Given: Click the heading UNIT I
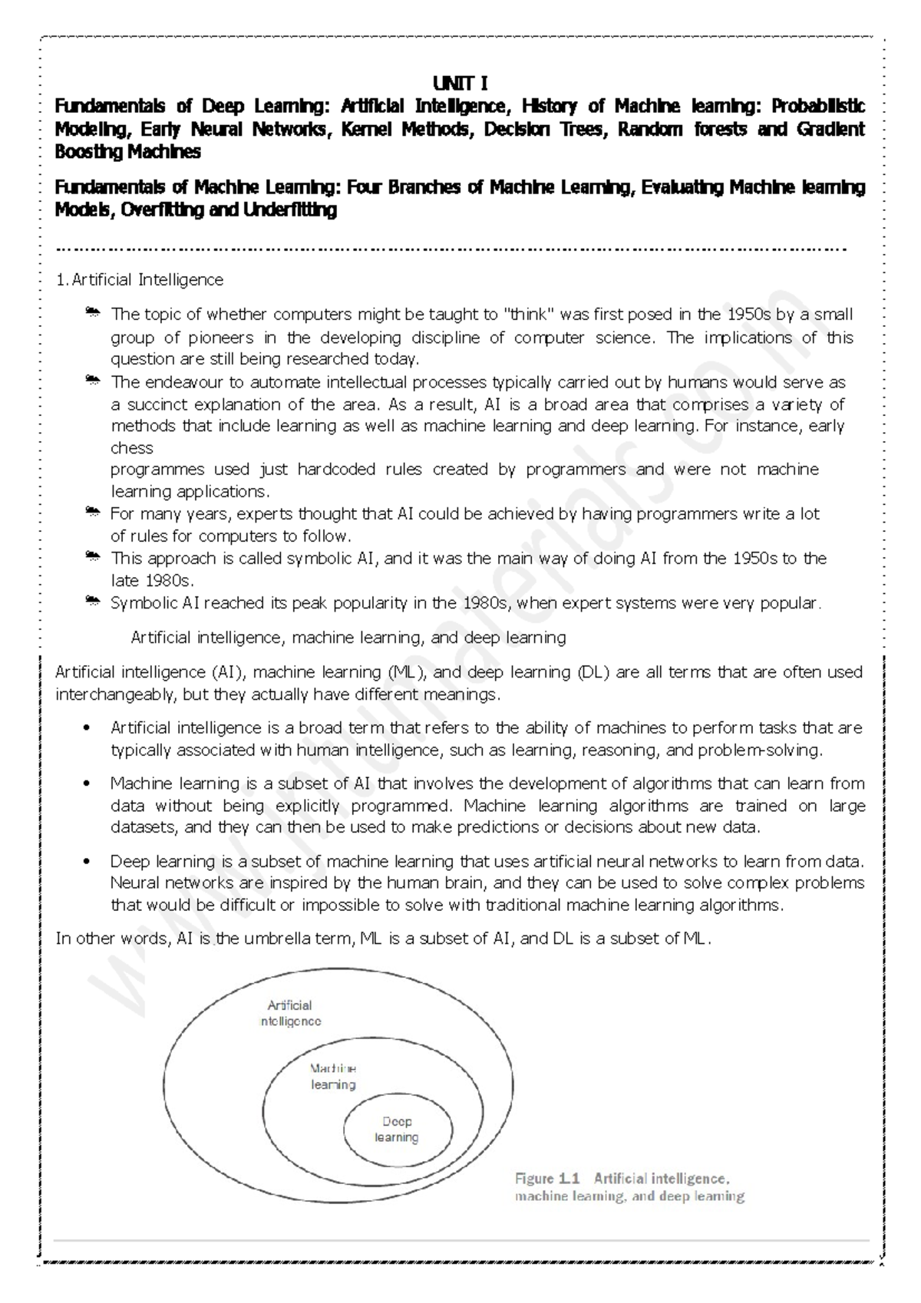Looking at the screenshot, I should pos(460,83).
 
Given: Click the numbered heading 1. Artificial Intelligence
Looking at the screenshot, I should pos(140,280).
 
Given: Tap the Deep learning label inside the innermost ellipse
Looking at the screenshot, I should pos(397,1130).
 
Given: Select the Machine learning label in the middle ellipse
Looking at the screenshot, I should pos(333,1076).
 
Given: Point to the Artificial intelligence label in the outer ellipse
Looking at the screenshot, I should pos(290,1013).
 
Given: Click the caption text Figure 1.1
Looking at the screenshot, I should pos(546,1178).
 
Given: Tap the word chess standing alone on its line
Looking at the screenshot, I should pos(132,447).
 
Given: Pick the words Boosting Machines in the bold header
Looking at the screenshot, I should pos(127,152).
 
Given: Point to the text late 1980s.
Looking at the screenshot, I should pos(153,580).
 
